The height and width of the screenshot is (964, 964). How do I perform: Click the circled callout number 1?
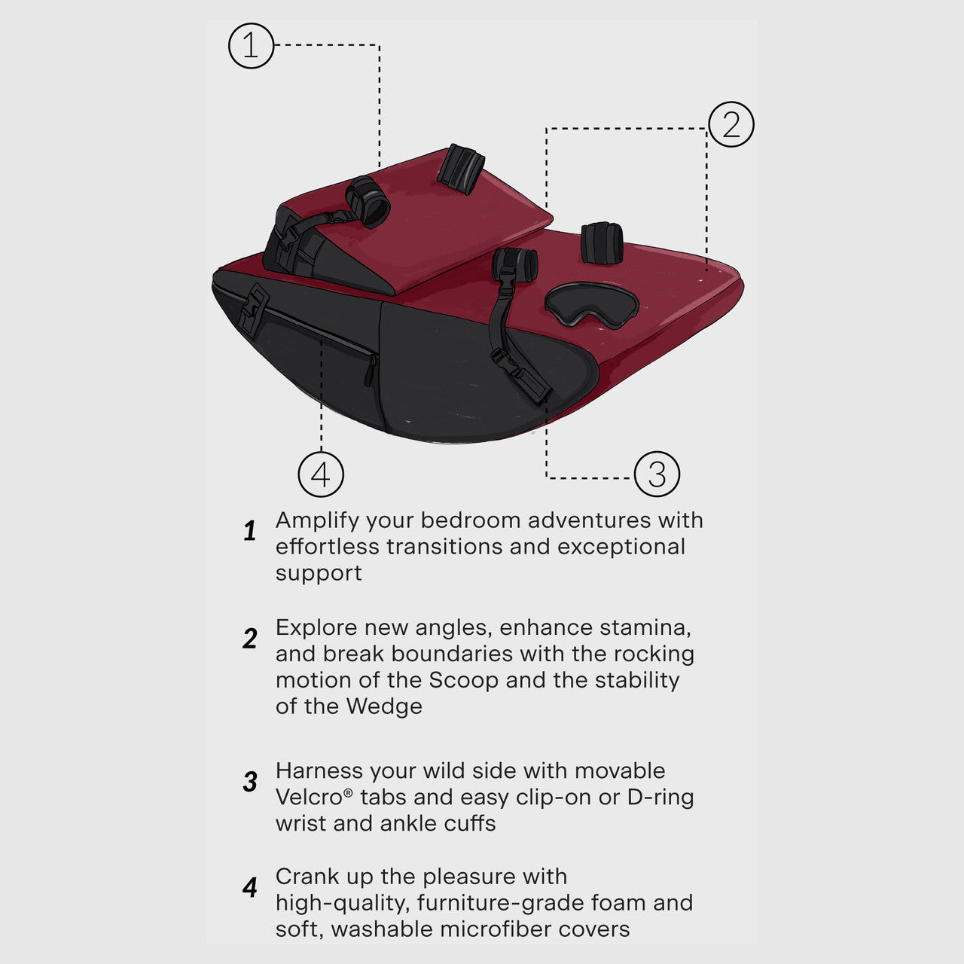(x=251, y=46)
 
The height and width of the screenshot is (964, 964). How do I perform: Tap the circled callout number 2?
(x=731, y=124)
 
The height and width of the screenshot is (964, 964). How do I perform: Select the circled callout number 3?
(x=657, y=474)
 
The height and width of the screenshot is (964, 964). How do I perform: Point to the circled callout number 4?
(x=321, y=474)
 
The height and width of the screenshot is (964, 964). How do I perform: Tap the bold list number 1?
(x=250, y=532)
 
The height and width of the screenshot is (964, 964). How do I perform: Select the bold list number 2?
(x=250, y=639)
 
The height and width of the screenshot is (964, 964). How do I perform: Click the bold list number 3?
(x=250, y=782)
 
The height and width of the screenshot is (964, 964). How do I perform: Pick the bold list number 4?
(x=250, y=888)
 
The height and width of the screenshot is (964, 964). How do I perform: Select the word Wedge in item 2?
(x=384, y=706)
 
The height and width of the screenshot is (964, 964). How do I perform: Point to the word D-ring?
(x=660, y=797)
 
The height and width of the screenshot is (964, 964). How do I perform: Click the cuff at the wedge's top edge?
(x=461, y=167)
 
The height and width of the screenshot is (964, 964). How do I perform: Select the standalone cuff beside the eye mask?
(x=601, y=243)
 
